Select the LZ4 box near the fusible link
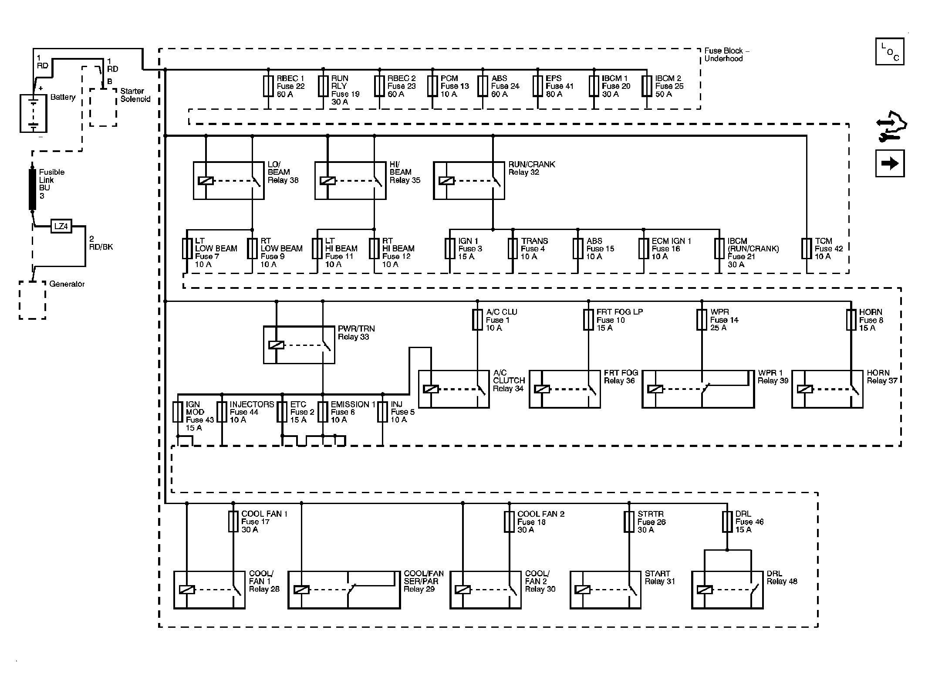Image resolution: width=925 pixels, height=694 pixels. pos(61,226)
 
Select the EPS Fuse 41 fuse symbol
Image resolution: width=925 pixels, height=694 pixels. pos(538,86)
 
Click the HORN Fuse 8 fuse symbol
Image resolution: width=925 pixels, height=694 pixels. pos(851,319)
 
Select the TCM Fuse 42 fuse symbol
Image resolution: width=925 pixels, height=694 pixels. pos(807,249)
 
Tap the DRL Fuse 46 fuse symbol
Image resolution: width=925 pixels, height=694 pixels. pos(727,522)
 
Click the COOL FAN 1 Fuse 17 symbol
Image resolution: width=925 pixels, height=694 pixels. pos(233,521)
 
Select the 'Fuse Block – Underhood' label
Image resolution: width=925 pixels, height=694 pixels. pos(727,55)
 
